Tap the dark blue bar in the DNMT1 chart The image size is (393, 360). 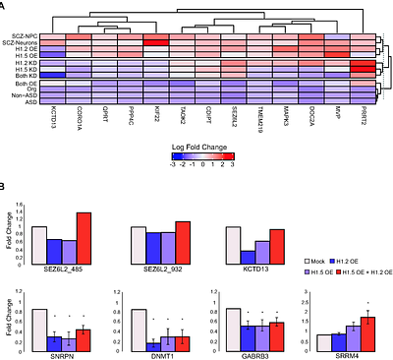pos(152,346)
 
